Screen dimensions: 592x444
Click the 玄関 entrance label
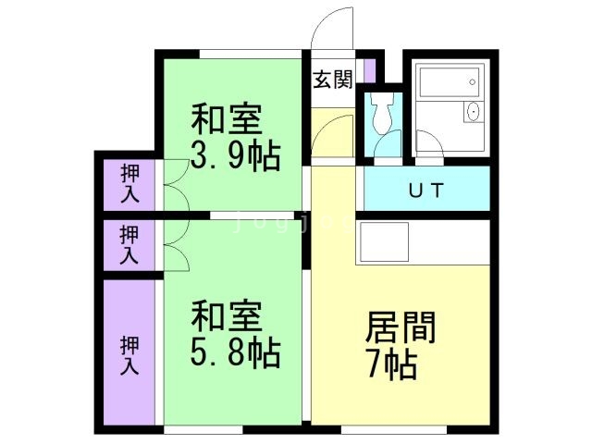[x=333, y=80]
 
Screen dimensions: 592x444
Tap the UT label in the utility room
[x=425, y=190]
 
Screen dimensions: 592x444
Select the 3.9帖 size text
[x=236, y=155]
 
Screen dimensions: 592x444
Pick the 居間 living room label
[x=401, y=327]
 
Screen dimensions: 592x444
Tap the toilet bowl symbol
[x=382, y=112]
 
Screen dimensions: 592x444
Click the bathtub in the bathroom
[x=450, y=82]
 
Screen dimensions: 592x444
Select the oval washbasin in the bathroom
[x=473, y=112]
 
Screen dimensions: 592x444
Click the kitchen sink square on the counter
[x=385, y=242]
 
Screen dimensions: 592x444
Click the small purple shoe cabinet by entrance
[x=370, y=70]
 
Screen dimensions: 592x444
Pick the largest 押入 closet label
[x=129, y=355]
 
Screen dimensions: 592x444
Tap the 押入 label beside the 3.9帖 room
[x=129, y=184]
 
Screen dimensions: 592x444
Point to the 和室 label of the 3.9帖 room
[x=227, y=118]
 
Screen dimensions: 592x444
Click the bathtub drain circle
[x=473, y=82]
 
